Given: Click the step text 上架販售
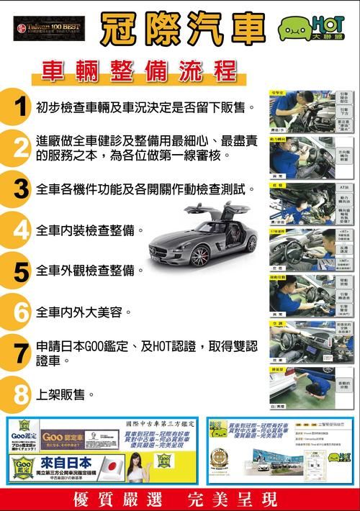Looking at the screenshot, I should (66, 395).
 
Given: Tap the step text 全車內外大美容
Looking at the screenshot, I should (84, 313).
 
